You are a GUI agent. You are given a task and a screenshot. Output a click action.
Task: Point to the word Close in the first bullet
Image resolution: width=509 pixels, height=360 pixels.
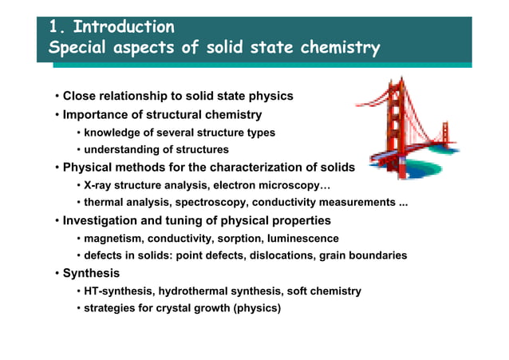click(81, 97)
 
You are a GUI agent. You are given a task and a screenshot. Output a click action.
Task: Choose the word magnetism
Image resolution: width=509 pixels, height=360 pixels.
click(115, 239)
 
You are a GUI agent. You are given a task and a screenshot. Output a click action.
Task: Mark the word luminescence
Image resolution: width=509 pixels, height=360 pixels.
click(300, 239)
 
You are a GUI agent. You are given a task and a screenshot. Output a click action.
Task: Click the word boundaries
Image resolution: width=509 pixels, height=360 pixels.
click(377, 255)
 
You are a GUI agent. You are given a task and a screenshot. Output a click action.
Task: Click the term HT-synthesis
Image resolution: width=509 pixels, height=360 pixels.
click(116, 291)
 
